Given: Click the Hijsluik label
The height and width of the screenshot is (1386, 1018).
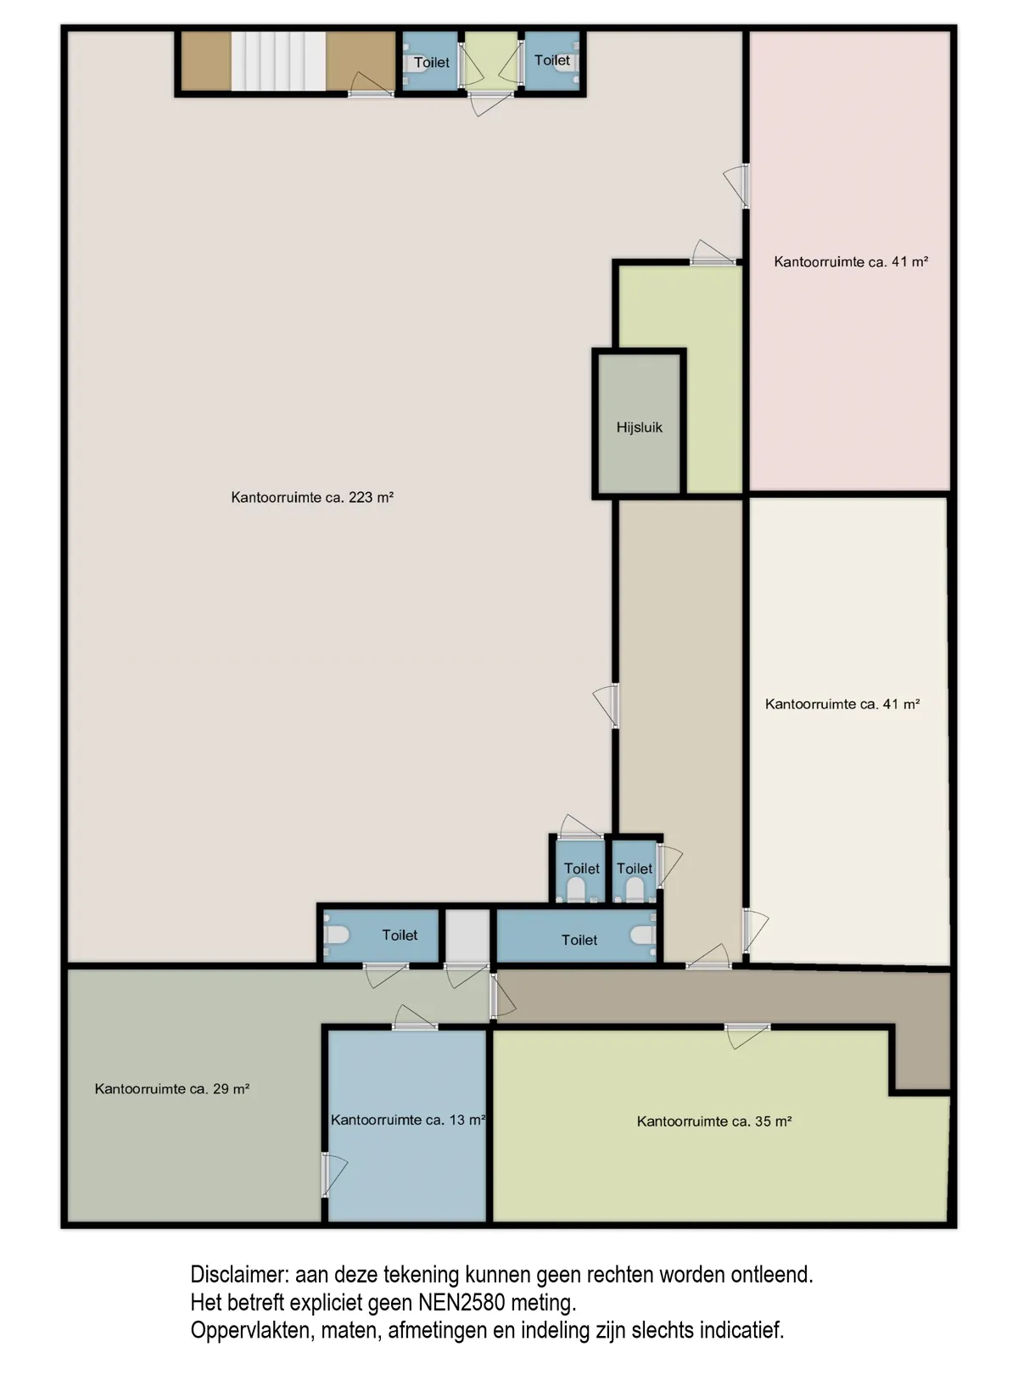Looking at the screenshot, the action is pyautogui.click(x=640, y=428).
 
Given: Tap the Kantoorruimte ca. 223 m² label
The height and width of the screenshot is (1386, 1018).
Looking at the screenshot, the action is pyautogui.click(x=312, y=497).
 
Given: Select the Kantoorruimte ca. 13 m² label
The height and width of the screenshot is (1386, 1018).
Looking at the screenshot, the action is pyautogui.click(x=408, y=1120).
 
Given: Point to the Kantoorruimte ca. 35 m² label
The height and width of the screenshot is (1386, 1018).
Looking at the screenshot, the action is pyautogui.click(x=714, y=1121).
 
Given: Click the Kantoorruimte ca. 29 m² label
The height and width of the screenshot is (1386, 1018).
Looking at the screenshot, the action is pyautogui.click(x=172, y=1089).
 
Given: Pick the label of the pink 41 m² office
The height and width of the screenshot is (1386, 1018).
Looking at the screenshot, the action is pyautogui.click(x=851, y=262).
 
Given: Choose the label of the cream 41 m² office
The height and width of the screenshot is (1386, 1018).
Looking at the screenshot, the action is pyautogui.click(x=842, y=704).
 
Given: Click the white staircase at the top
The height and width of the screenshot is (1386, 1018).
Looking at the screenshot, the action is pyautogui.click(x=278, y=61).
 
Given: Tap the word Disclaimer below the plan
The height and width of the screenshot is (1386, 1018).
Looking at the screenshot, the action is pyautogui.click(x=239, y=1275).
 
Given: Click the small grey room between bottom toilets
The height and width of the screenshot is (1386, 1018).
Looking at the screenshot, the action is pyautogui.click(x=467, y=936).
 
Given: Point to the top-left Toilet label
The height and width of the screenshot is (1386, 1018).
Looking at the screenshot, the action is pyautogui.click(x=431, y=63).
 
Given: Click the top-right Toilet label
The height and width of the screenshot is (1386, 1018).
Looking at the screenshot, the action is pyautogui.click(x=552, y=60).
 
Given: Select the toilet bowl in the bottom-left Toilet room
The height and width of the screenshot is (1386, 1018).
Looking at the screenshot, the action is pyautogui.click(x=336, y=934).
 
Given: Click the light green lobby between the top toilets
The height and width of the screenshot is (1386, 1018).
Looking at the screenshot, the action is pyautogui.click(x=491, y=60).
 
